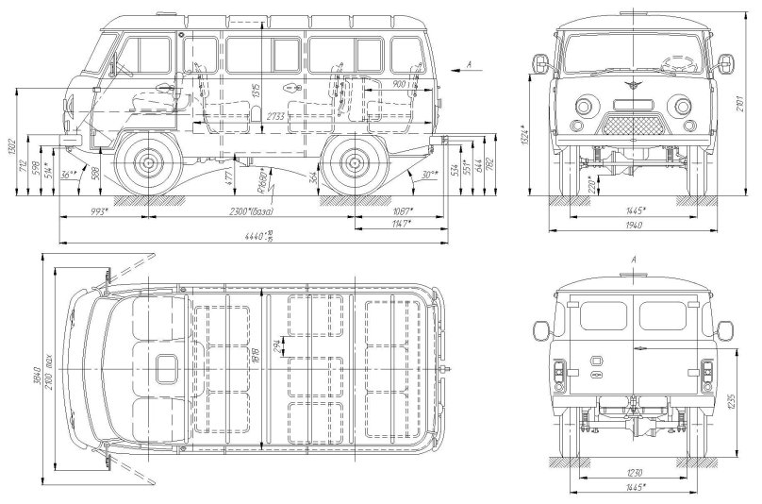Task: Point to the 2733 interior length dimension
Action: [275, 114]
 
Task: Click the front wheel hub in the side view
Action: [149, 164]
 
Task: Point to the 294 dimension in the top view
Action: [274, 346]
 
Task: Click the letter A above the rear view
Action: [634, 259]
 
